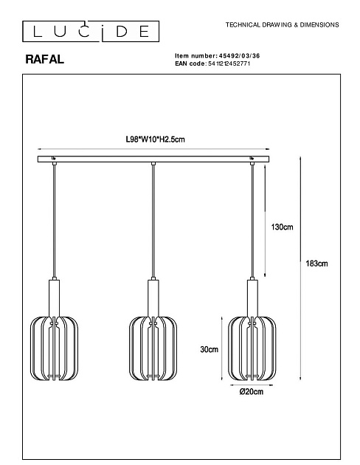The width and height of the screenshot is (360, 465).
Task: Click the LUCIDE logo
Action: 91,31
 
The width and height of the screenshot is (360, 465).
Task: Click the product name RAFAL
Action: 45,59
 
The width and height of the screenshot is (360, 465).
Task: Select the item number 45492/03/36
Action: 240,56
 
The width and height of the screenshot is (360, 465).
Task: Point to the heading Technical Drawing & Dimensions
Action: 282,25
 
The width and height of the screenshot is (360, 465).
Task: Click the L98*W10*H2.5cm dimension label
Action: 155,139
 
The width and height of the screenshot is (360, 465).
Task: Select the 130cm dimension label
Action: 282,227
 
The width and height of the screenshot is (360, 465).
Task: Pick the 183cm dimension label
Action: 316,263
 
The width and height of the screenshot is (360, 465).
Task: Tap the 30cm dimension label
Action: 209,349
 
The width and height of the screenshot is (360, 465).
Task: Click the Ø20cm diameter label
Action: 252,392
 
